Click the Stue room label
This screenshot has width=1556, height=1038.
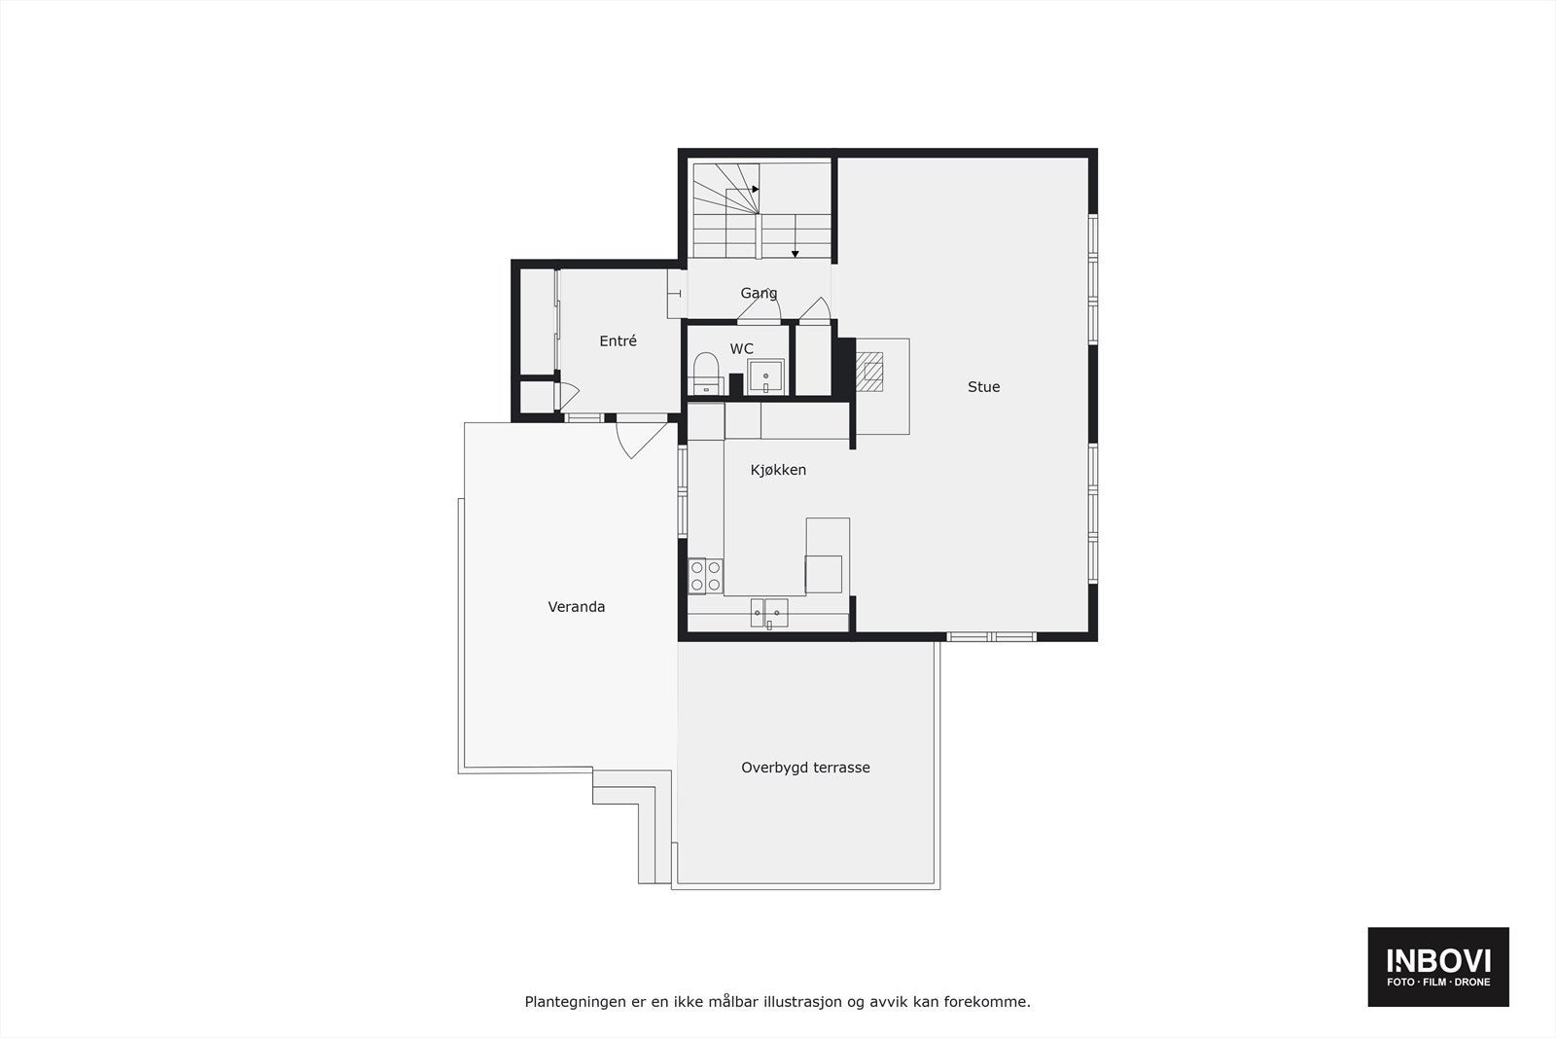pos(983,387)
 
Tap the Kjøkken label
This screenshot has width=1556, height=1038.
pos(778,470)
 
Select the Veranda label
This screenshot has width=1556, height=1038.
pos(577,607)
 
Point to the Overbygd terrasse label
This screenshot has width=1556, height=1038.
pos(805,768)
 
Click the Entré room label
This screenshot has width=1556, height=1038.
pos(618,341)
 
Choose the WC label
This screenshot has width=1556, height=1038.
pos(741,349)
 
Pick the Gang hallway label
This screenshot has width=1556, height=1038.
pos(759,293)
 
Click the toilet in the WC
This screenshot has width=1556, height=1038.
pos(705,374)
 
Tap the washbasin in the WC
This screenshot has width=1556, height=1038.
pos(765,376)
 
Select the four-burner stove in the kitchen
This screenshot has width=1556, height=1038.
pos(705,576)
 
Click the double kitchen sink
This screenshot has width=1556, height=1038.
pos(769,613)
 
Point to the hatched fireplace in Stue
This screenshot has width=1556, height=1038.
pos(870,370)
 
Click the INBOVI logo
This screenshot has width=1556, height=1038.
pos(1438,966)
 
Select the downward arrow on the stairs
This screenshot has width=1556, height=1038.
pos(795,254)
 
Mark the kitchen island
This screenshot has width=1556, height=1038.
pos(827,556)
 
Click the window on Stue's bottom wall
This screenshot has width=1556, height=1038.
pos(991,637)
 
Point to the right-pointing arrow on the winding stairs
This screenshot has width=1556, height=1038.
pos(756,189)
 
